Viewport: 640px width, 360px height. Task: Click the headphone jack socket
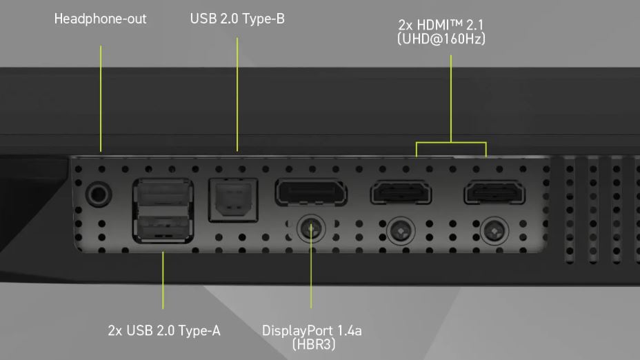point(99,194)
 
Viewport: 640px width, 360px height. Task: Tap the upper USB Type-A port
point(163,194)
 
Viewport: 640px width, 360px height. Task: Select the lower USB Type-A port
point(163,226)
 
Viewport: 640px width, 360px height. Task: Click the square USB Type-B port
point(234,200)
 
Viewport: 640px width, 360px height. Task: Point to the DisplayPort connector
point(311,192)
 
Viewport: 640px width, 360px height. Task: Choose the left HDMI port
point(401,192)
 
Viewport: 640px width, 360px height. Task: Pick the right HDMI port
point(494,192)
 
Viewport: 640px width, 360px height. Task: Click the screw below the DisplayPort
point(311,228)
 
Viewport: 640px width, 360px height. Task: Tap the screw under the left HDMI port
point(401,230)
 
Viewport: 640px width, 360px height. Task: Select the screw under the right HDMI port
point(494,230)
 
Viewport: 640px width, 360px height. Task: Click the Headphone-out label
point(101,19)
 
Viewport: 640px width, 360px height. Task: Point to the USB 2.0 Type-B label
point(237,19)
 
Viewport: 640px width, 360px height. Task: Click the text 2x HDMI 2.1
point(441,25)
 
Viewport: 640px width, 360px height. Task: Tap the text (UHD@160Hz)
point(441,39)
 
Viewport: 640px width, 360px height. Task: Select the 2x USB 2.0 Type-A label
point(164,330)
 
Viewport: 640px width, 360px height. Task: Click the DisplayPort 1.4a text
point(312,330)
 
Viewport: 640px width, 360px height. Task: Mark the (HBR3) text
point(314,344)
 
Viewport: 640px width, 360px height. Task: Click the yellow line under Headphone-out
point(101,99)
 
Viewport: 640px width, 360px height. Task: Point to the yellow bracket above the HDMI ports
point(451,143)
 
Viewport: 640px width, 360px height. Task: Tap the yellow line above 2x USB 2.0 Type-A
point(163,280)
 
